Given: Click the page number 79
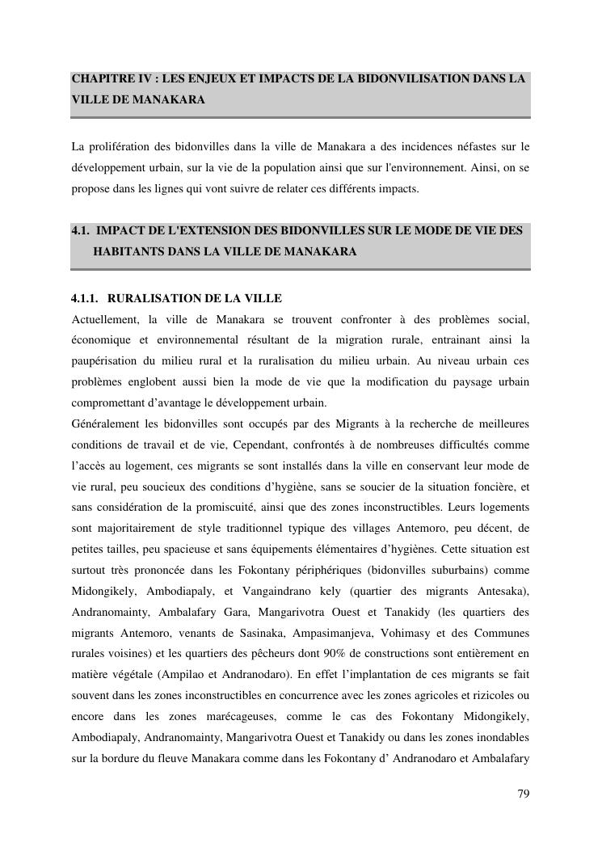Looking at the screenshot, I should pos(523,794).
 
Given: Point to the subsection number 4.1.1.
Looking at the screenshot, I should pos(85,299).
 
